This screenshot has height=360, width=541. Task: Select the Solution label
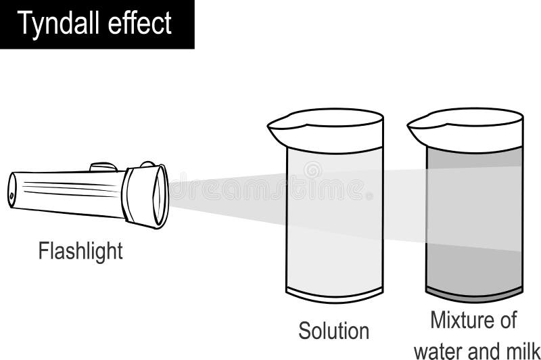tap(334, 331)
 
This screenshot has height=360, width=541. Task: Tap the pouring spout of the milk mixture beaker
tap(417, 125)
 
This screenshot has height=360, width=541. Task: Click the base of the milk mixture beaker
tap(473, 292)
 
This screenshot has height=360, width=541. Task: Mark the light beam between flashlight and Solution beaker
tap(223, 196)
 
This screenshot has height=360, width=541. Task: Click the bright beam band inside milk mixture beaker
tap(473, 203)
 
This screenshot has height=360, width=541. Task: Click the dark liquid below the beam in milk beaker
tap(473, 267)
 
